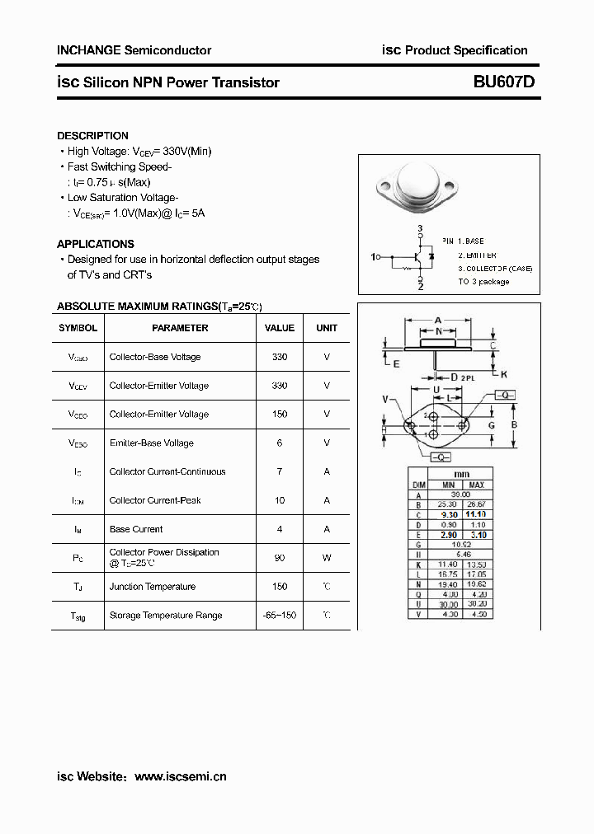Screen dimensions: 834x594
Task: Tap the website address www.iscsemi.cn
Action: (x=180, y=776)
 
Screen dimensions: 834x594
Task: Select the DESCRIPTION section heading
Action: (x=92, y=135)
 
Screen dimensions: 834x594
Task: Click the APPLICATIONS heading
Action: (x=95, y=244)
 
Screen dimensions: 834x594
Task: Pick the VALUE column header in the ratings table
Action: (x=280, y=327)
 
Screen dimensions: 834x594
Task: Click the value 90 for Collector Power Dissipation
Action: (x=280, y=558)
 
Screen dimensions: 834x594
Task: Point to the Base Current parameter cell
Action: (x=136, y=529)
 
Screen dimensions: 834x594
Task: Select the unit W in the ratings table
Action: (x=327, y=558)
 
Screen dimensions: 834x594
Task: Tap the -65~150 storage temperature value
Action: (x=280, y=616)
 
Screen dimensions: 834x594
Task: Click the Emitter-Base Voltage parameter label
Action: (x=152, y=443)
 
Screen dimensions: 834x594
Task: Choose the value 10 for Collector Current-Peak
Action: (x=280, y=500)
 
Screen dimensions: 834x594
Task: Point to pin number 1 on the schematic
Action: (x=375, y=256)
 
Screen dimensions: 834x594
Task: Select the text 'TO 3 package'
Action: (x=484, y=282)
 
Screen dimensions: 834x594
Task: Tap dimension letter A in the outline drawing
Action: (x=438, y=320)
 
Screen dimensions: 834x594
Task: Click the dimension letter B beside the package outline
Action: (x=514, y=424)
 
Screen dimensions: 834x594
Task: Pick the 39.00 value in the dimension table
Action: (x=462, y=495)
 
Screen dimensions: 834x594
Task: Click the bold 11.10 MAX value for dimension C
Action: (x=476, y=513)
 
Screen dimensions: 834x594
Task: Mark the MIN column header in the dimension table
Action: (x=448, y=485)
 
